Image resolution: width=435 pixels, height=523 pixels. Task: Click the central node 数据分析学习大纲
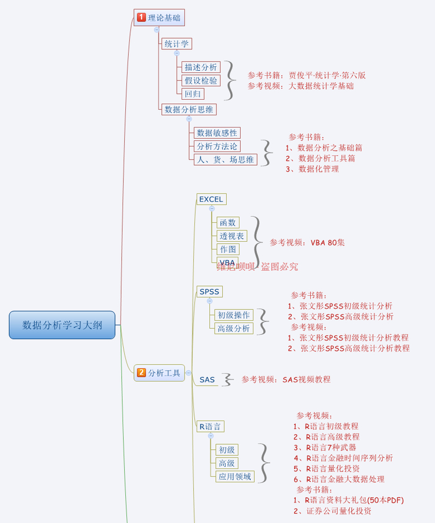coord(62,325)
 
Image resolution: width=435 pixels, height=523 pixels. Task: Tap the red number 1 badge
coord(141,17)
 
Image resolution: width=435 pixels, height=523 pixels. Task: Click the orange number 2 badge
coord(141,373)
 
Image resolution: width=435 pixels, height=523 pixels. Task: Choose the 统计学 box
coord(176,43)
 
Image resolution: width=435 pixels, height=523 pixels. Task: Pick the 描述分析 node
coord(201,67)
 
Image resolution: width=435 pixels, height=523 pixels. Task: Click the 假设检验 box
coord(201,80)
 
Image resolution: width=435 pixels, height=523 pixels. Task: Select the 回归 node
coord(193,93)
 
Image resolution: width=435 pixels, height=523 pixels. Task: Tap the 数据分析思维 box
coord(188,109)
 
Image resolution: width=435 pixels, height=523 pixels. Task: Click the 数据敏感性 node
coord(216,133)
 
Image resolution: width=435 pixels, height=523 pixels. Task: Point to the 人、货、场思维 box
coord(225,159)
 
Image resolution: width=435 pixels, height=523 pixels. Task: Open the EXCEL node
coord(211,199)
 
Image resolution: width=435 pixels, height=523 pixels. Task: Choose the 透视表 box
coord(232,236)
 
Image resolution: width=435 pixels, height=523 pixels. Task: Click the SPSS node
coord(209,291)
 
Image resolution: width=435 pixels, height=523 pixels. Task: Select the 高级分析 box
coord(234,328)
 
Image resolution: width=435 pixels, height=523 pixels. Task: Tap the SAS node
coord(207,380)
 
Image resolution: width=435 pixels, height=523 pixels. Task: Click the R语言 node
coord(210,427)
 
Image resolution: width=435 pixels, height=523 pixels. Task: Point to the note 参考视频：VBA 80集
coord(307,242)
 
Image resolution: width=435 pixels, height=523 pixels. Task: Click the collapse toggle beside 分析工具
coord(188,373)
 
